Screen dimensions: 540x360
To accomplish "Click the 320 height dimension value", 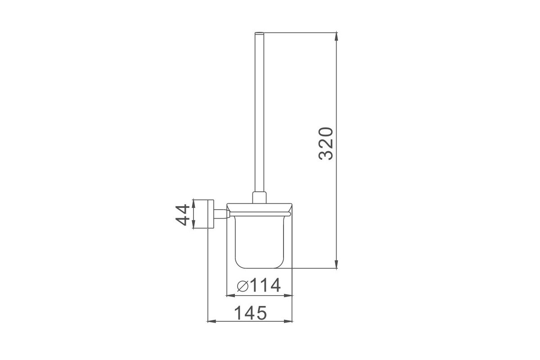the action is (x=326, y=144).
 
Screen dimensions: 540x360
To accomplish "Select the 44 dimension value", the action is (x=183, y=215).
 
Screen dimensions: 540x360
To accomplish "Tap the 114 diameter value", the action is (x=265, y=285).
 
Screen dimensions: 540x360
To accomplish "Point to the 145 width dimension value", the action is (x=251, y=313).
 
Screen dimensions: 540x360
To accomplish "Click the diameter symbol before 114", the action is (x=243, y=286).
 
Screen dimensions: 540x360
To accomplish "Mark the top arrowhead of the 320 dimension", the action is (x=336, y=36).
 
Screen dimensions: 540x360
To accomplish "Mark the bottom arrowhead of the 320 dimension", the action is (x=336, y=264).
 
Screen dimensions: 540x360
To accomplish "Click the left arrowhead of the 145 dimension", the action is (x=211, y=321).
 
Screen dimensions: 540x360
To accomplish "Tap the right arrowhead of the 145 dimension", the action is (x=288, y=321).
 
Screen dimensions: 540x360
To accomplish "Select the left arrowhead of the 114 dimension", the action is (x=231, y=295).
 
